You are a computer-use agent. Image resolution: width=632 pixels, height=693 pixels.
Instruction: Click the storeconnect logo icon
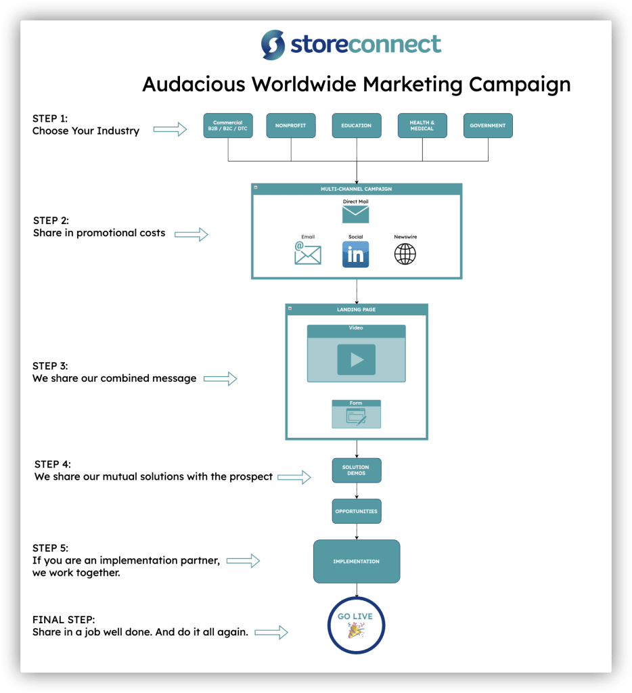[x=273, y=45]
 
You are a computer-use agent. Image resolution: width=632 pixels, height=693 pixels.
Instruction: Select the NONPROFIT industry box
[x=291, y=126]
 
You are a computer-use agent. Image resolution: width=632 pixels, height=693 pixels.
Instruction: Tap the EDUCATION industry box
[x=357, y=126]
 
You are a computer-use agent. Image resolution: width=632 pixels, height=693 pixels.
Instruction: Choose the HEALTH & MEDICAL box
[x=422, y=126]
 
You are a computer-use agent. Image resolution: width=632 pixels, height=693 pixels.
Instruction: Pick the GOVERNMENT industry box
[x=488, y=126]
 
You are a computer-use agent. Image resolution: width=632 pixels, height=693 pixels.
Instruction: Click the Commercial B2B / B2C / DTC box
[x=228, y=126]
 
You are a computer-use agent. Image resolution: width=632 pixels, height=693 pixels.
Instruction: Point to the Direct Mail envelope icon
[x=356, y=215]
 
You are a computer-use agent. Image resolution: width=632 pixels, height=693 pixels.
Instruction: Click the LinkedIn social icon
[x=356, y=254]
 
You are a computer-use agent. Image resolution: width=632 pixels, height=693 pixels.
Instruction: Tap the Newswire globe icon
[x=405, y=254]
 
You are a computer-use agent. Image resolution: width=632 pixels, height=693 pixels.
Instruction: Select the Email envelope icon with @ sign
[x=308, y=254]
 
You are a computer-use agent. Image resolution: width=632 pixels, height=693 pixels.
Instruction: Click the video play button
[x=357, y=359]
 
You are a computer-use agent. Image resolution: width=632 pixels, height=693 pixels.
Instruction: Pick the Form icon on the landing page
[x=357, y=415]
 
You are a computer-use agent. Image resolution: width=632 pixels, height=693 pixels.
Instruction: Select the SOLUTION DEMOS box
[x=357, y=470]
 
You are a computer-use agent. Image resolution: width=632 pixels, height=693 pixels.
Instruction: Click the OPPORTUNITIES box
[x=357, y=512]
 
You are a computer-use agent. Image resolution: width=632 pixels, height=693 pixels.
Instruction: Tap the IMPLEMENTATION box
[x=357, y=562]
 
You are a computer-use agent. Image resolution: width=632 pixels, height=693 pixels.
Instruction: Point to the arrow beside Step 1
[x=170, y=129]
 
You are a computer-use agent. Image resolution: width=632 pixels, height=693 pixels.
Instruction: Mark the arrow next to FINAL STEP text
[x=271, y=633]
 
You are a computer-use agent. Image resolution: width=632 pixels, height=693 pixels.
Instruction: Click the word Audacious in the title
[x=194, y=85]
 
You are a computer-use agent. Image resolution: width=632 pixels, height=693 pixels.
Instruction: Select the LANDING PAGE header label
[x=357, y=310]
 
